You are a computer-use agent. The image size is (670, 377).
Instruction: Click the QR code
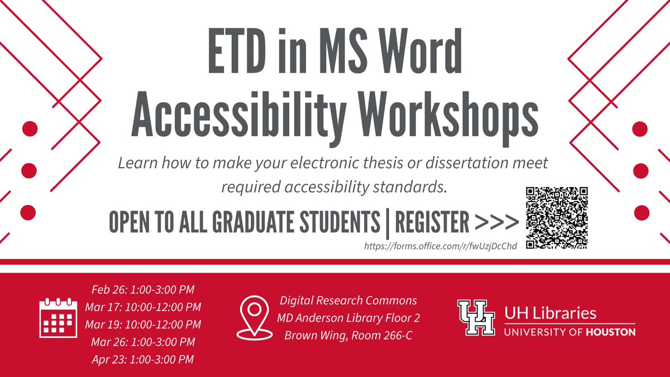(x=557, y=217)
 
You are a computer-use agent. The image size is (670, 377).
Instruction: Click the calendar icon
(x=58, y=318)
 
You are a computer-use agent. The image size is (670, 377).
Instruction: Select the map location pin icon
(x=254, y=317)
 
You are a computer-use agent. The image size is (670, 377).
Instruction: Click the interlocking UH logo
(x=476, y=317)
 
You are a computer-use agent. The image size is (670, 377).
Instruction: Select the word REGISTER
(x=432, y=223)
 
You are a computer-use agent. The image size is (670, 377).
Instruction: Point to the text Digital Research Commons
(x=348, y=300)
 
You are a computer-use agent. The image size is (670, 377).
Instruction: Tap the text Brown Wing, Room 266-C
(x=348, y=336)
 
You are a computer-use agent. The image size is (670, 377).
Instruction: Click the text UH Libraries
(x=551, y=312)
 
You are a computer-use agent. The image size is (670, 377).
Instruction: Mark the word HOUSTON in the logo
(x=612, y=332)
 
